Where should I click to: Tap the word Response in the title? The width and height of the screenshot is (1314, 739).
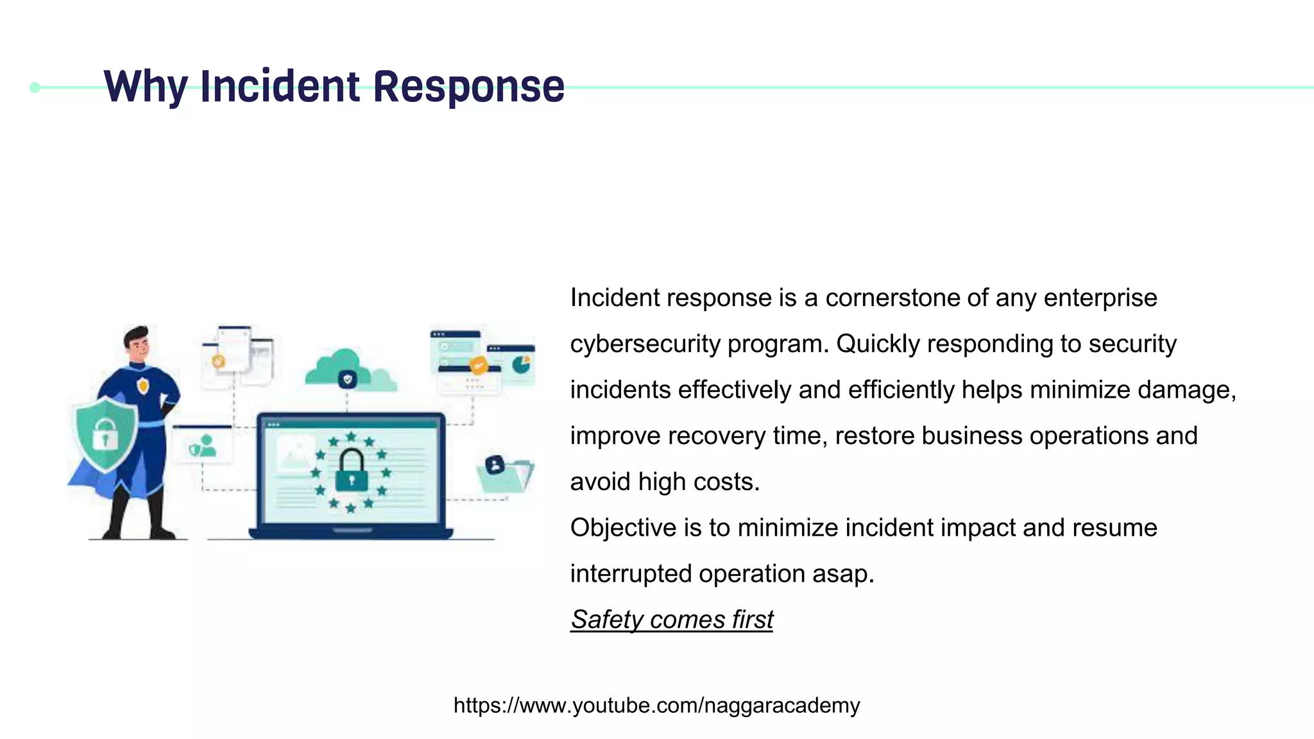point(468,87)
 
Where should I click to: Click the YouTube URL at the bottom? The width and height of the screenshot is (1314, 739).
point(656,705)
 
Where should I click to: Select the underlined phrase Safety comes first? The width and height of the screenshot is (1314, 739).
point(672,620)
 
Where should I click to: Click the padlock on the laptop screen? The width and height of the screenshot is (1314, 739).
point(351,470)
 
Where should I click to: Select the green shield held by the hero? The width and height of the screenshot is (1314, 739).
point(105,433)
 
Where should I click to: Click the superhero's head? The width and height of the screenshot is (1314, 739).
point(137,343)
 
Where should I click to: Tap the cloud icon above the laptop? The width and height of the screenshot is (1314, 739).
point(348,371)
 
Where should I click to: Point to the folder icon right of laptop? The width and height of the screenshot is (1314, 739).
point(504,474)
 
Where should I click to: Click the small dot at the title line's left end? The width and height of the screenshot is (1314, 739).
point(35,87)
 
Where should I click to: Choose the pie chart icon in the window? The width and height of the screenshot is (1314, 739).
point(520,365)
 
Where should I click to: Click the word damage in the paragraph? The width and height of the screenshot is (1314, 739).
point(1184,390)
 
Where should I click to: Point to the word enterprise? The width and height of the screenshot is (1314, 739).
point(1100,298)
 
